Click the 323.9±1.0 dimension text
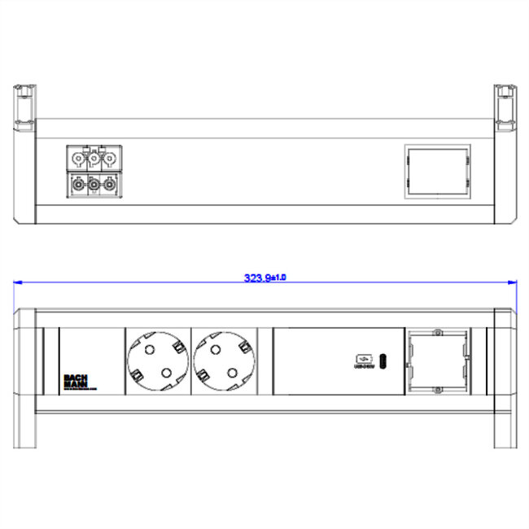265,278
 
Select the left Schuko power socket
157,361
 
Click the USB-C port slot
383,361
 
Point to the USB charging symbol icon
362,360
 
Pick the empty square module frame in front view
437,361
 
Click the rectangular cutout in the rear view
437,172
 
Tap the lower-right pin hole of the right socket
234,374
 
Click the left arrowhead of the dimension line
18,282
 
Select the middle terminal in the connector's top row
94,158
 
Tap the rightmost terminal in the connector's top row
108,158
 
